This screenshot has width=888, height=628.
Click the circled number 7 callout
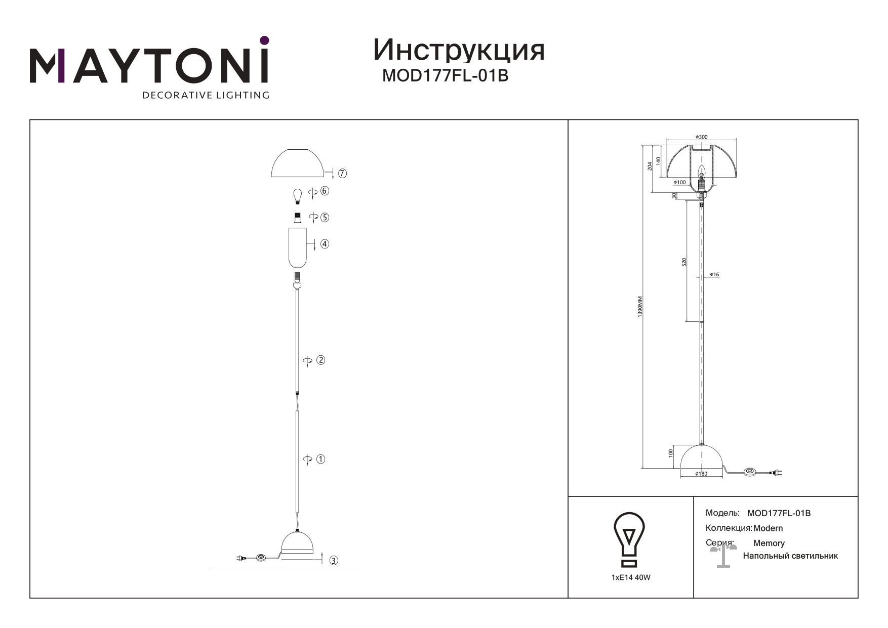tap(343, 174)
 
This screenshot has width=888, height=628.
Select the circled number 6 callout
tap(325, 191)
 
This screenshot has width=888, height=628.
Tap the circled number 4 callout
tap(325, 244)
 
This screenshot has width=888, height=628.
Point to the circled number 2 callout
tap(320, 360)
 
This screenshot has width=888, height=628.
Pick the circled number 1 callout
tap(320, 459)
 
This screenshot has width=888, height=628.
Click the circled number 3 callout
tap(334, 561)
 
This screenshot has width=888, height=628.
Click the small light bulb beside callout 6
tap(298, 195)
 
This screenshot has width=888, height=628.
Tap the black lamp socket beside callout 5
tap(298, 218)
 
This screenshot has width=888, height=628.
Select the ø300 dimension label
tap(701, 137)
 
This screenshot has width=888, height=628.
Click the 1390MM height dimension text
tap(640, 307)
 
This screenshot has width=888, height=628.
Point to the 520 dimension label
tap(684, 262)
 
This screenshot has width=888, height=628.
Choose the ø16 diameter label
tap(714, 275)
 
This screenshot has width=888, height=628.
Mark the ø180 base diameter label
tap(701, 474)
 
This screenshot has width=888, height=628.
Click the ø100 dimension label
tap(680, 182)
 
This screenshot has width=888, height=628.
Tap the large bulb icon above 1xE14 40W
tap(629, 539)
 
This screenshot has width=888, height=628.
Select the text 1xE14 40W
tap(631, 577)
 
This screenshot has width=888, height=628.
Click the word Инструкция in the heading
tap(459, 51)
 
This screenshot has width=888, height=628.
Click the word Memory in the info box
tap(769, 543)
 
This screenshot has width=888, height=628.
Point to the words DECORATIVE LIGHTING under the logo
tap(206, 95)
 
